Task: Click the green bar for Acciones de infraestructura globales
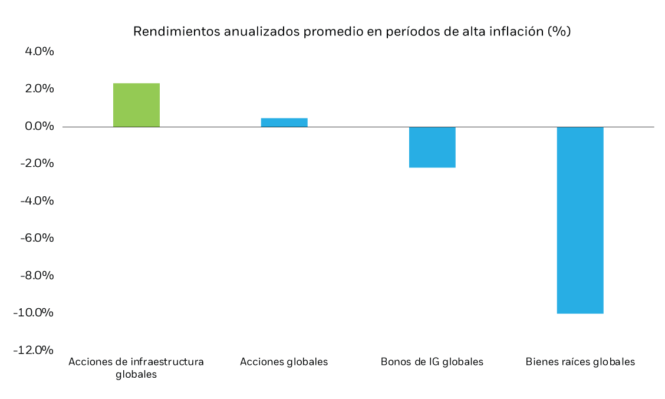(x=136, y=105)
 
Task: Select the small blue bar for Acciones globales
(x=284, y=122)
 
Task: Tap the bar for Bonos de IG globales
(x=432, y=147)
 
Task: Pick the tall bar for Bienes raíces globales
(x=580, y=220)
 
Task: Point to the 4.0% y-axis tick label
(x=39, y=52)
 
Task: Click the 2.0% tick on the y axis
(x=39, y=89)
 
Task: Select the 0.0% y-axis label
(x=39, y=127)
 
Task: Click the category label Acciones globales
(x=284, y=362)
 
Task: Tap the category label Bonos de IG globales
(x=432, y=362)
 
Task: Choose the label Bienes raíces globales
(x=580, y=362)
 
